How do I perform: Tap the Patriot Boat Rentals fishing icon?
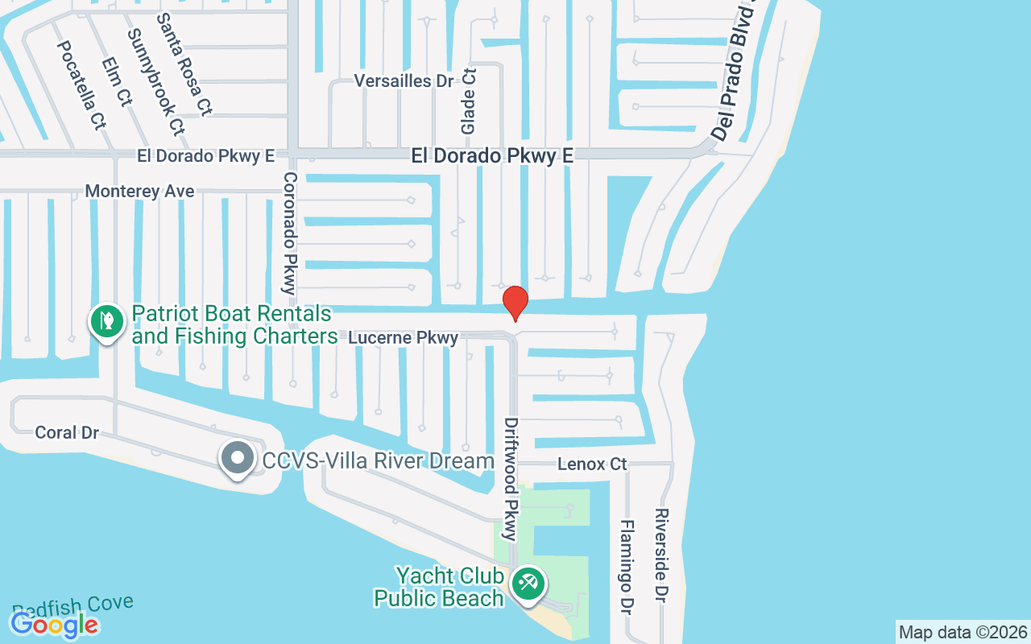[106, 321]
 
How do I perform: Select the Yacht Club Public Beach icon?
[528, 583]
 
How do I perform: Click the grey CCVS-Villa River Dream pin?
[237, 458]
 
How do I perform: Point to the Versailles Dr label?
[404, 81]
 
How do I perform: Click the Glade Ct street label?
[469, 101]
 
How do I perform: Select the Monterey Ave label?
[139, 192]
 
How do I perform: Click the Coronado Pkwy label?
[290, 233]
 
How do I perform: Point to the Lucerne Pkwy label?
[404, 338]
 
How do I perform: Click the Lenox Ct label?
[592, 464]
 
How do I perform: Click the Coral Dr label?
[67, 433]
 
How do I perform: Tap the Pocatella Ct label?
[81, 85]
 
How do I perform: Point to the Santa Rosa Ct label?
[184, 64]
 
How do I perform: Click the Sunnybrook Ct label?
[155, 82]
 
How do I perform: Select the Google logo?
[55, 624]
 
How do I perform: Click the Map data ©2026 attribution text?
[963, 633]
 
